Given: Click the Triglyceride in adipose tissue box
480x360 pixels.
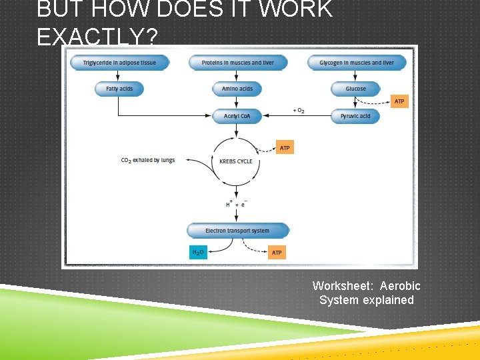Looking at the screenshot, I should (119, 63).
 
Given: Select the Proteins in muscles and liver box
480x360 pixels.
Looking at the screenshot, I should (237, 63).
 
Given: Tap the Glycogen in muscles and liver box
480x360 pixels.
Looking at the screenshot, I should (356, 63).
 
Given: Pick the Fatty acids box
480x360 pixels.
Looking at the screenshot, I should (119, 89).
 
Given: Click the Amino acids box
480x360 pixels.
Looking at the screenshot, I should (237, 89).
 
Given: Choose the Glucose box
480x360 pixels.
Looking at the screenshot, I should (355, 89).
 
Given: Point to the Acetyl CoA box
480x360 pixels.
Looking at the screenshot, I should (237, 116).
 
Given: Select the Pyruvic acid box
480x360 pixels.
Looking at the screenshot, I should (355, 116).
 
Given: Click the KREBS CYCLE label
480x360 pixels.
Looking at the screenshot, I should (236, 161).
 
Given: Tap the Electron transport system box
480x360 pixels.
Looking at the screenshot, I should (237, 231).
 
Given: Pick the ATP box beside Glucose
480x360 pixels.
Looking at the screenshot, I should (399, 101).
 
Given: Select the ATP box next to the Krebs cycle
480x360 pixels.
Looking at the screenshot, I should (285, 147).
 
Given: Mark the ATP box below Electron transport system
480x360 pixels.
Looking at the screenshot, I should (277, 252).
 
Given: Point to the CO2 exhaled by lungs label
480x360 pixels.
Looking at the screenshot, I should (148, 161).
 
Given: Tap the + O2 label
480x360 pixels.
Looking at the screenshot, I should (299, 110).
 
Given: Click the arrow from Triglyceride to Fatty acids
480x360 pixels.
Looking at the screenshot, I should (119, 76).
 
